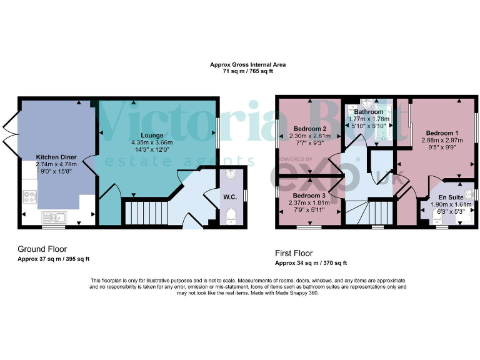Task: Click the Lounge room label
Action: coord(152,135)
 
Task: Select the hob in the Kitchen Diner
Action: coord(29,196)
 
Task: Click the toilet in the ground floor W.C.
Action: coord(232,216)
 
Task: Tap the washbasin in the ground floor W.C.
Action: coord(232,175)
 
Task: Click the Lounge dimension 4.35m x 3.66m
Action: coord(152,142)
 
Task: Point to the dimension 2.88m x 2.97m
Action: coord(442,141)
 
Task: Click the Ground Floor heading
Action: coord(42,249)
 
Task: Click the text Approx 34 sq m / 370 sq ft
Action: coord(311,263)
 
